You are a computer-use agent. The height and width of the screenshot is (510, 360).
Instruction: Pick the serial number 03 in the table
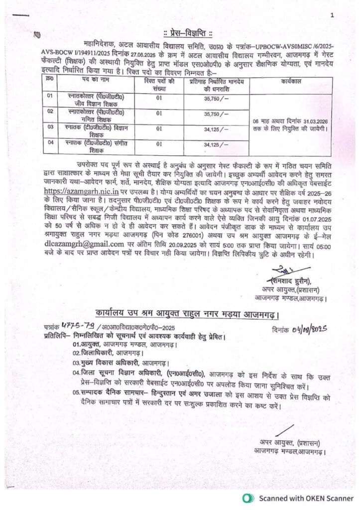tap(49, 128)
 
